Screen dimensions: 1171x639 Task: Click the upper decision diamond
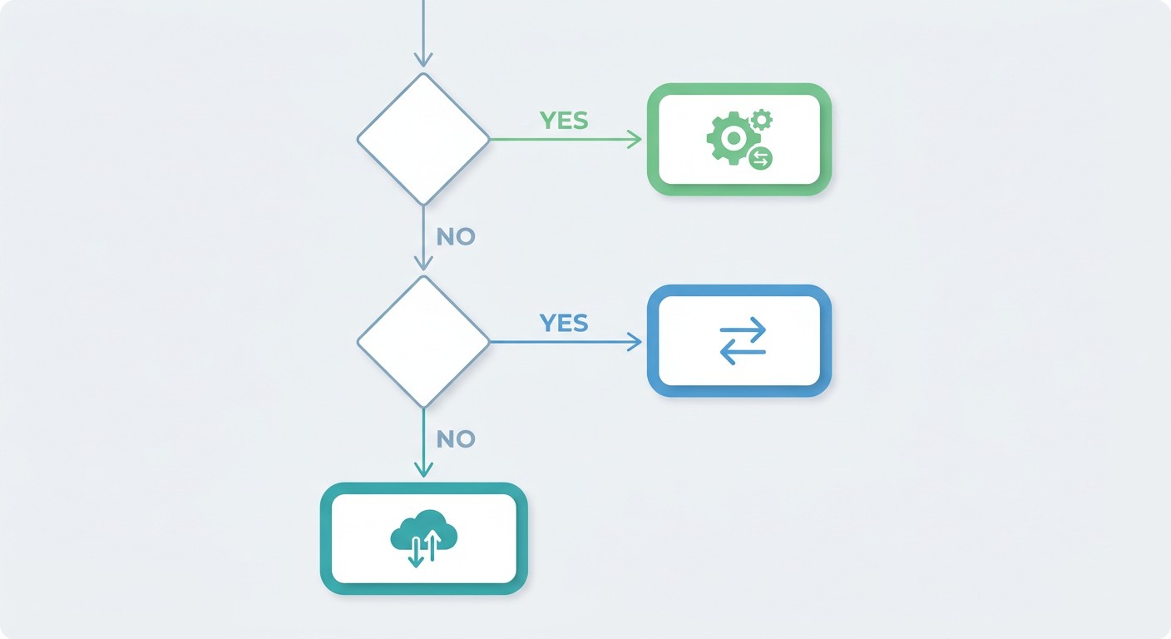pos(423,139)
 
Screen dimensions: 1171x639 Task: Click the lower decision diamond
pos(423,342)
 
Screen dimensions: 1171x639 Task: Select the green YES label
pos(564,121)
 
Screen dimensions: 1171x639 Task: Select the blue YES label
pos(564,323)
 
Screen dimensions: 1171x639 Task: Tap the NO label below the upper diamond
pos(456,237)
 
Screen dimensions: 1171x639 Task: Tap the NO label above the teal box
pos(456,439)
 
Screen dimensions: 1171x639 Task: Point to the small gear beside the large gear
pos(761,120)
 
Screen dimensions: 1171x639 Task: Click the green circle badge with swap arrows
pos(761,158)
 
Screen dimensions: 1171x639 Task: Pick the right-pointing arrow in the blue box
pos(743,329)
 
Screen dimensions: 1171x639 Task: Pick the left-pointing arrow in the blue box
pos(743,352)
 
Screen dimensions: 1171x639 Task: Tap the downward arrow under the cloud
pos(416,552)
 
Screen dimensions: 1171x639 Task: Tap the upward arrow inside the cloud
pos(432,545)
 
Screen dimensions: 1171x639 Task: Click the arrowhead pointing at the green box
pos(635,140)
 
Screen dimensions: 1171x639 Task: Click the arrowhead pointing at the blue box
pos(635,342)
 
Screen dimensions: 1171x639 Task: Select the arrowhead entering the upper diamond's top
pos(423,60)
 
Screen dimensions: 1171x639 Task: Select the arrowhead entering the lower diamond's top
pos(423,263)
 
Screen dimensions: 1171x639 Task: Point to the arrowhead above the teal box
pos(423,469)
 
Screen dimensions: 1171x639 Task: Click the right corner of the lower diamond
pos(489,342)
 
